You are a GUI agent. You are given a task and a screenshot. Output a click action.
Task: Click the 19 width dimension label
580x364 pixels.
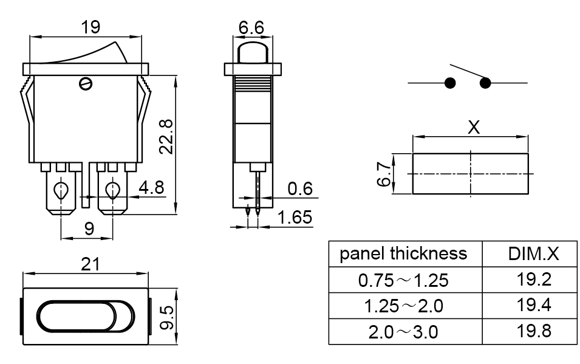point(90,27)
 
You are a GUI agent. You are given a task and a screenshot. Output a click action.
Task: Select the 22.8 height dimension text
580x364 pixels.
point(166,137)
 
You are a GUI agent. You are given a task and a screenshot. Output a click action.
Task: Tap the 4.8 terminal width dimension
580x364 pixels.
point(151,187)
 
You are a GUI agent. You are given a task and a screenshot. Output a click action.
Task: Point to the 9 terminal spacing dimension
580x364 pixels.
point(89,228)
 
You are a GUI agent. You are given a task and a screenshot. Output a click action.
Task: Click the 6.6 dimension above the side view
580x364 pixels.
point(251,28)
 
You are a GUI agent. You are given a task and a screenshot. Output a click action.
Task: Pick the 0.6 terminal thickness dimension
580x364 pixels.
point(300,189)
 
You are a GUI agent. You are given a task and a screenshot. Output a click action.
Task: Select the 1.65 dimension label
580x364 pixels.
point(295,218)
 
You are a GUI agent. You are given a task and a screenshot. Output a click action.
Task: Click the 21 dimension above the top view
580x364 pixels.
point(90,264)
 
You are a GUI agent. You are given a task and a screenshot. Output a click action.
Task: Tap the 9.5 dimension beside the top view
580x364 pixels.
point(166,317)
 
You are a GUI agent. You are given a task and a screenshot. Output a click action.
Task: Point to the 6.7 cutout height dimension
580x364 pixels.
point(384,174)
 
